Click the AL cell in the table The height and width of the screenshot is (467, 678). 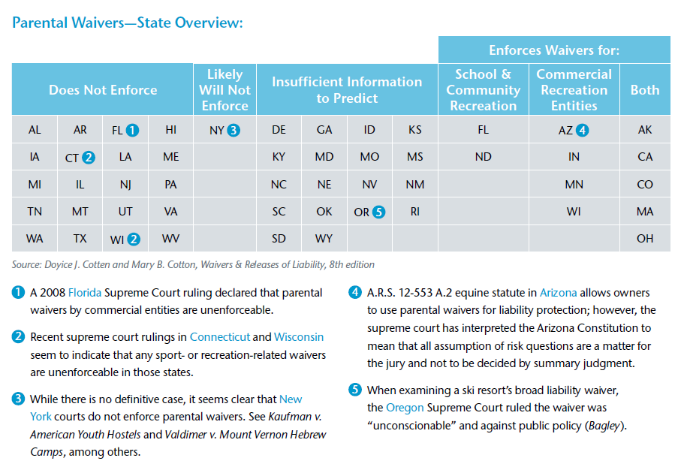click(35, 130)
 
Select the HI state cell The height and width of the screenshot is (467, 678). click(170, 130)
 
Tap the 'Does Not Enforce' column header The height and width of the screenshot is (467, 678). click(103, 90)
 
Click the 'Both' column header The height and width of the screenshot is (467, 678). click(644, 90)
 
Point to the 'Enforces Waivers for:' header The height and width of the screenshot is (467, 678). click(553, 50)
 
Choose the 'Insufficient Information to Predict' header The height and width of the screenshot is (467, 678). click(347, 90)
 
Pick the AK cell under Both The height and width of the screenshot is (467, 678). click(644, 130)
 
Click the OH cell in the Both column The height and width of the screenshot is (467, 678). click(644, 239)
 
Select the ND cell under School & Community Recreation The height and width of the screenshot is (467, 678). click(483, 157)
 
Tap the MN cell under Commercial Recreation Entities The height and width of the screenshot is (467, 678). click(574, 184)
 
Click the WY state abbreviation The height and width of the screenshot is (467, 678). click(324, 239)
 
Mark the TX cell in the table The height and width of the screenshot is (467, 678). click(80, 239)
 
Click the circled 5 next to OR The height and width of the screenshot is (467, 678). click(378, 212)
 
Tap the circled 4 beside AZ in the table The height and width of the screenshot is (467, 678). click(582, 130)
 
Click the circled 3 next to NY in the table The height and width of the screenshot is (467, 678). click(234, 130)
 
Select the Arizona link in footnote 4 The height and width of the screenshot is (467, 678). click(558, 292)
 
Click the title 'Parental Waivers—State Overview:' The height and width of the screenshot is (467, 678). click(128, 23)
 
